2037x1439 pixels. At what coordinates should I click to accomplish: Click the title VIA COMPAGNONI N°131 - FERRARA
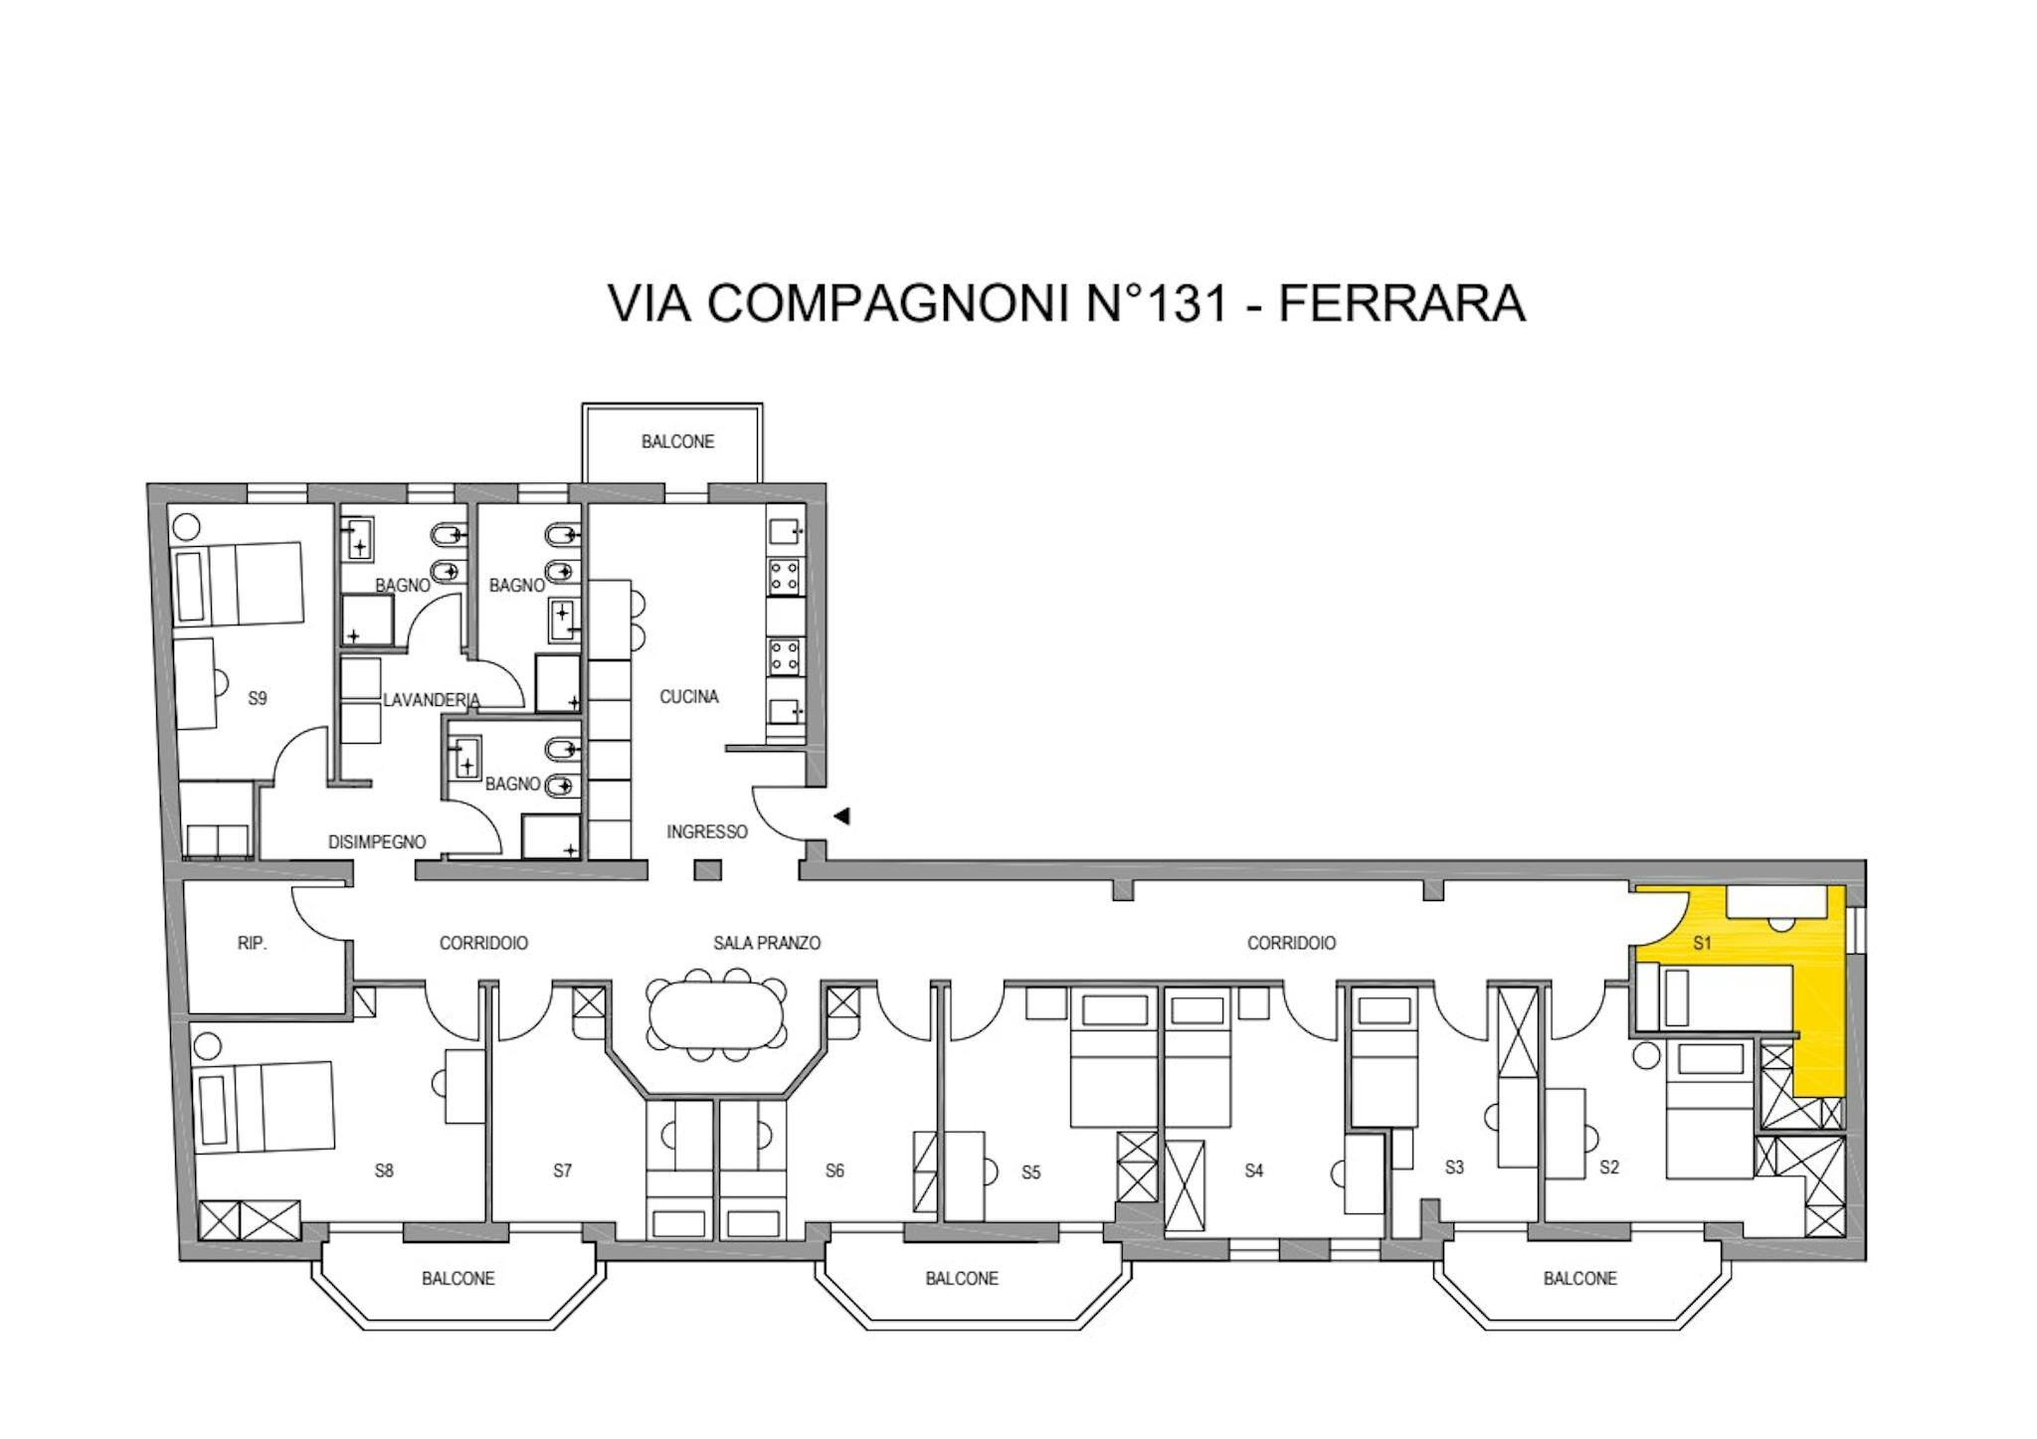point(1066,303)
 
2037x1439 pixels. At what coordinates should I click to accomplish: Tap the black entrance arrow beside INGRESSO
point(841,816)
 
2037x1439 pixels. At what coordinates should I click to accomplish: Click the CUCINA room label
point(688,697)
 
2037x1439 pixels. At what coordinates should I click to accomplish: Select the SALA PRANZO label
point(767,943)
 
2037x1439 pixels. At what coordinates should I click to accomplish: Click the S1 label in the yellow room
point(1702,943)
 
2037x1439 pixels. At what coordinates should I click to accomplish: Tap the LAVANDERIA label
point(432,700)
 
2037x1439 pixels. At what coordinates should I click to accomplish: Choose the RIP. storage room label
point(253,943)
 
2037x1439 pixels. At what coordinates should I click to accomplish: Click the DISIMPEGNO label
point(377,842)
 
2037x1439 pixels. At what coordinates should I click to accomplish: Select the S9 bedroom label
point(258,698)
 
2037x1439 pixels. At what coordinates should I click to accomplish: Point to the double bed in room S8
point(264,1107)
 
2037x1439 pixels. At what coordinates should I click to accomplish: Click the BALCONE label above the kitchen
point(677,442)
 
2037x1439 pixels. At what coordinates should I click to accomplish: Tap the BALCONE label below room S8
point(458,1278)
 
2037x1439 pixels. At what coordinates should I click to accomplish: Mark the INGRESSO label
point(707,831)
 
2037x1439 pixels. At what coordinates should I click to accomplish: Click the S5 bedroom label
point(1031,1172)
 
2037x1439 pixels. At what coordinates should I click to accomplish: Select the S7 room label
point(563,1170)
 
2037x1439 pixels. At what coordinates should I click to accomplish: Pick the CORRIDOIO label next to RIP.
point(483,943)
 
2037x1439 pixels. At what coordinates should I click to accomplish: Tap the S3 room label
point(1454,1167)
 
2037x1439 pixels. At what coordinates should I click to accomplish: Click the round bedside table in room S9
point(189,526)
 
